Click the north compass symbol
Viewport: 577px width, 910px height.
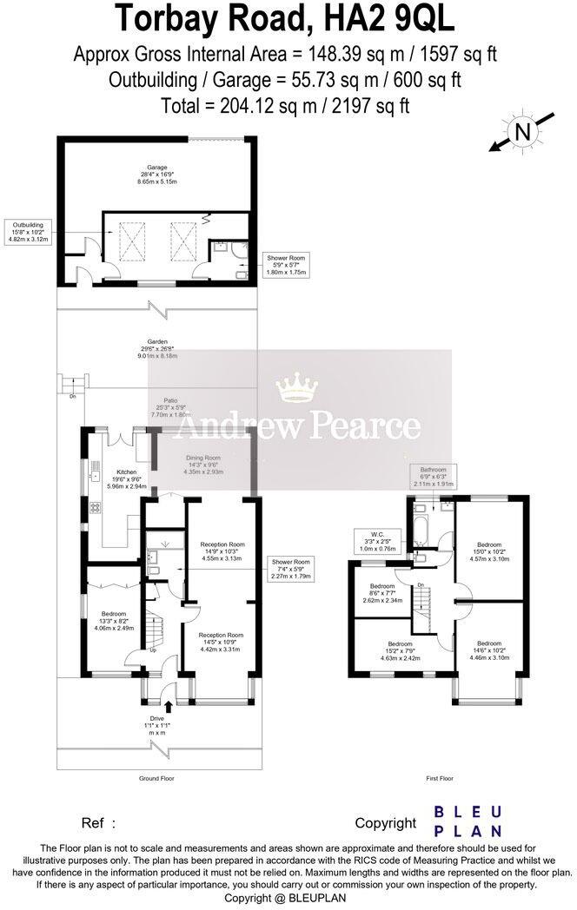[521, 133]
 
